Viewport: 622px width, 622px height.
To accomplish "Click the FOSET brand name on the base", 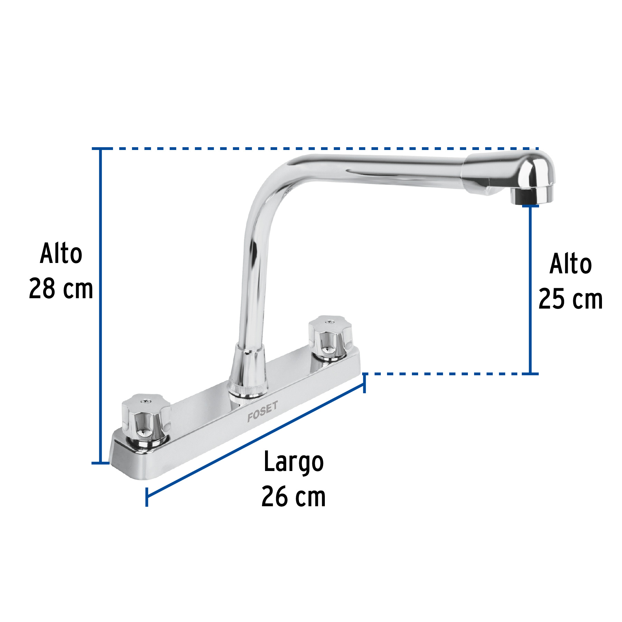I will coord(262,412).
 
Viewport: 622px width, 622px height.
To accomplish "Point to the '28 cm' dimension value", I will coord(61,289).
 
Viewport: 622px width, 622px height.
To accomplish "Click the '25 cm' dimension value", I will coord(571,299).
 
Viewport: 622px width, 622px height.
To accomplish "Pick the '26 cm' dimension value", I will coord(293,497).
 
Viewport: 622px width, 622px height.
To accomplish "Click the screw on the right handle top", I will coord(329,322).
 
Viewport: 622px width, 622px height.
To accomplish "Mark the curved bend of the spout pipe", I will coord(273,187).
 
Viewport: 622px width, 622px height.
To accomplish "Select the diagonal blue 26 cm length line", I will coord(256,440).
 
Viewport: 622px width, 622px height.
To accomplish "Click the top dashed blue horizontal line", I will coord(311,149).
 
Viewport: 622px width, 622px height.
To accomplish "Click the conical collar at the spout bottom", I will coord(248,366).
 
